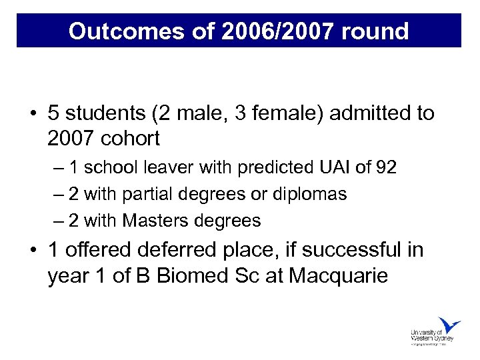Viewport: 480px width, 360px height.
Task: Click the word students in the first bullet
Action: [x=106, y=113]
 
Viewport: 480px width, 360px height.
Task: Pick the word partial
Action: [x=153, y=194]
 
